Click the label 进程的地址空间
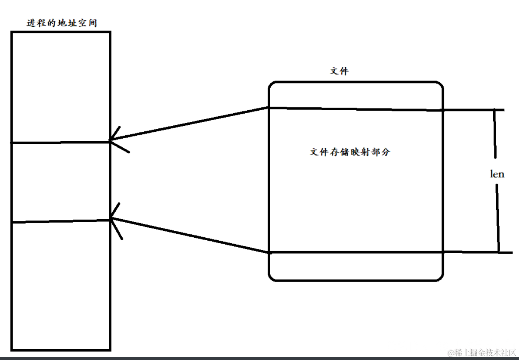pos(62,23)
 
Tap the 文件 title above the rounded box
pos(339,71)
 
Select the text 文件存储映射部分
pos(350,152)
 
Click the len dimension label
pos(497,174)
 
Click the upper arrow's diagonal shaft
pos(189,124)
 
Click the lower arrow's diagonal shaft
pos(189,235)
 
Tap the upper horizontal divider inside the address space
pos(60,142)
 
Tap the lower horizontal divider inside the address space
pos(60,221)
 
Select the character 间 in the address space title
pos(92,23)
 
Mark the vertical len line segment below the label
pos(498,217)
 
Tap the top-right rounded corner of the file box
pos(439,85)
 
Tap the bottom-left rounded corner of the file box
pos(272,277)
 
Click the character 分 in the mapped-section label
pos(385,152)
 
